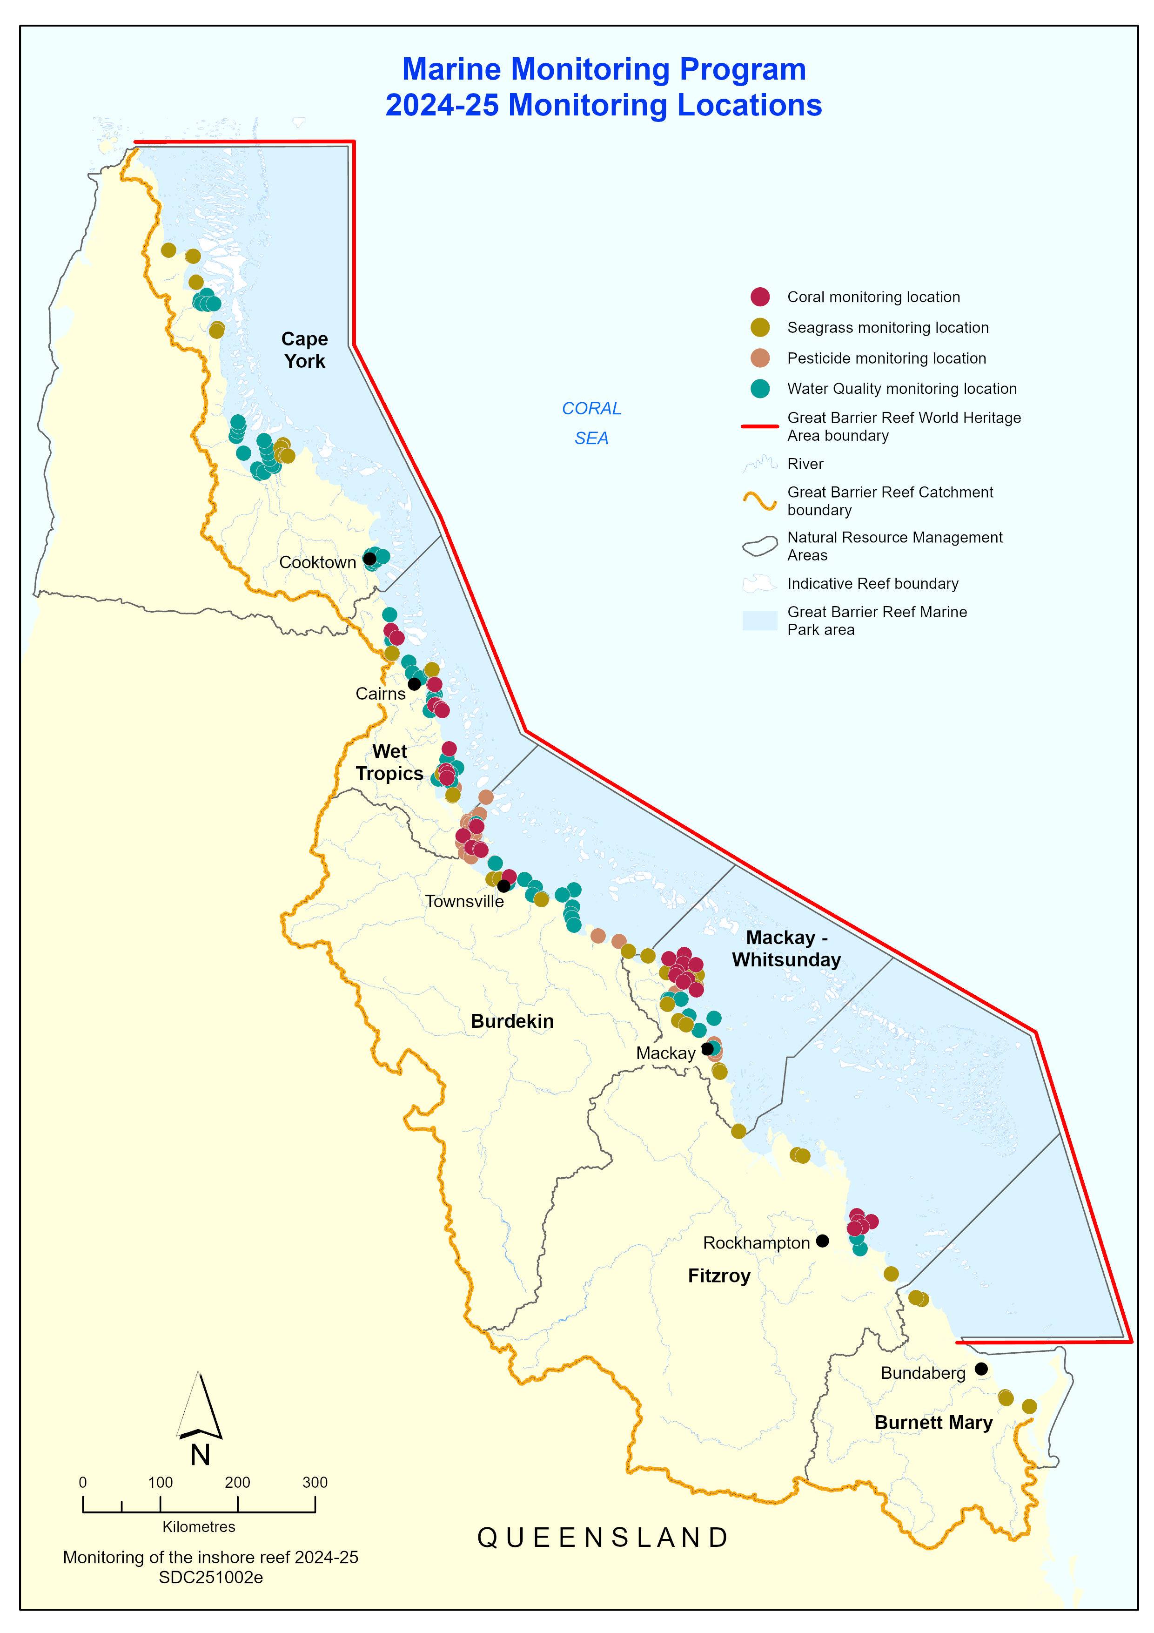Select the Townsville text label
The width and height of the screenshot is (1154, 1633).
(464, 901)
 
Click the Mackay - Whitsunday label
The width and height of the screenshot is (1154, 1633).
(786, 948)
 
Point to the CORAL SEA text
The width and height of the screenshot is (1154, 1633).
(591, 423)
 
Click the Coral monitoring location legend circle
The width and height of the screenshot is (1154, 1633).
(760, 297)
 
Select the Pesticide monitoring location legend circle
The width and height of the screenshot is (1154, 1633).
(760, 358)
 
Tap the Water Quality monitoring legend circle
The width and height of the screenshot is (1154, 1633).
(760, 388)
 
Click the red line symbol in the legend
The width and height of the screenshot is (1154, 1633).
(759, 426)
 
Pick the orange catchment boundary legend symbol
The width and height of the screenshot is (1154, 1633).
(759, 501)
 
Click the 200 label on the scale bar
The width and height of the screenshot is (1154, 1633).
(237, 1482)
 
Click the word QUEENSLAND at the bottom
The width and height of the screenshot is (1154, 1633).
(603, 1537)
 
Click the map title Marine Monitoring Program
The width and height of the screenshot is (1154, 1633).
(604, 69)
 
